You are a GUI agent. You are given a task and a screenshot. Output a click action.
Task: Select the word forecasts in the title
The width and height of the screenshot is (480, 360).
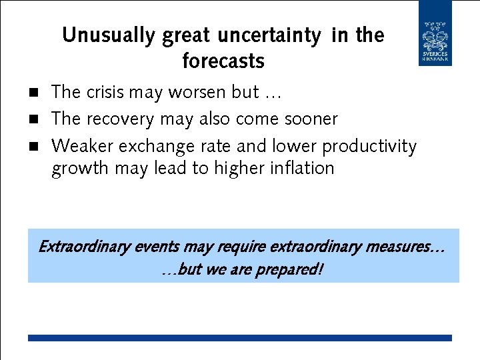pos(223,62)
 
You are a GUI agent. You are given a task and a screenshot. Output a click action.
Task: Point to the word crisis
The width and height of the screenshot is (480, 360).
pos(108,92)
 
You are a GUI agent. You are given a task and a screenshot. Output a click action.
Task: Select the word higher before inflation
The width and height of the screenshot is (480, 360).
pos(237,168)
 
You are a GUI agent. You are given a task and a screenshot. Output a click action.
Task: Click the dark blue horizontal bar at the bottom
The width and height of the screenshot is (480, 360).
pos(239,338)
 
